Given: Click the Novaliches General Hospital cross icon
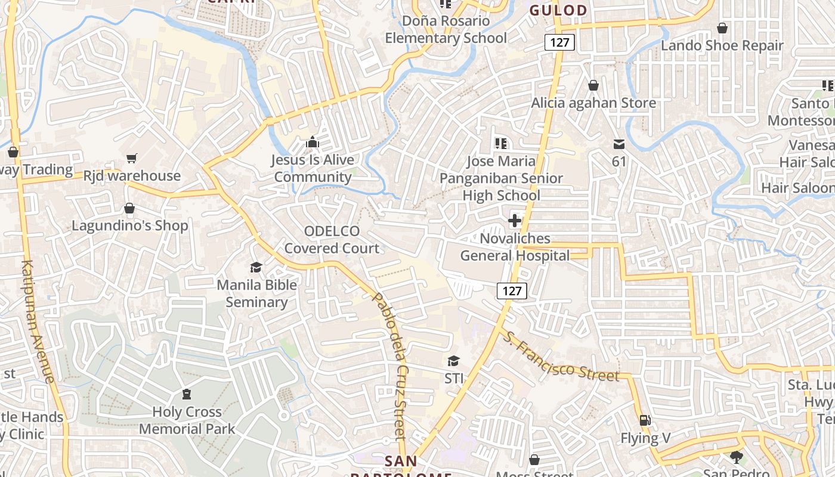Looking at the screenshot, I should pyautogui.click(x=514, y=221).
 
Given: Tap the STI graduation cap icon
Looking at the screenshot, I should pyautogui.click(x=454, y=361).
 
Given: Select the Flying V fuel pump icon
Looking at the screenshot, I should pyautogui.click(x=644, y=420).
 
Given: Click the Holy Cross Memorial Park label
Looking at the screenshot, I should pyautogui.click(x=187, y=420).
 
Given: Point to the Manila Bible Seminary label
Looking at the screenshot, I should pyautogui.click(x=256, y=293).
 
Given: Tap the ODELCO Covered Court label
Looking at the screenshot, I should pyautogui.click(x=332, y=240).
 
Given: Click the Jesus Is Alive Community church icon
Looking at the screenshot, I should pyautogui.click(x=312, y=142).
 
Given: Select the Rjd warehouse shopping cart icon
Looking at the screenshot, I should pyautogui.click(x=131, y=158).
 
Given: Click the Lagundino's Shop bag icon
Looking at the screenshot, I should pyautogui.click(x=129, y=208).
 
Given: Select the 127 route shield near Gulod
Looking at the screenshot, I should pyautogui.click(x=559, y=42).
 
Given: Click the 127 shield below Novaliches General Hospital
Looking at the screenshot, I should pyautogui.click(x=512, y=291).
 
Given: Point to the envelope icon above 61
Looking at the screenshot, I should pyautogui.click(x=618, y=144).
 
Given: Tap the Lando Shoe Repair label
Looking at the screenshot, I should pyautogui.click(x=722, y=45).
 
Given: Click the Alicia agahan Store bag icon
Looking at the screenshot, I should pyautogui.click(x=593, y=86).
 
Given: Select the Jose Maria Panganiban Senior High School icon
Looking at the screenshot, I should pyautogui.click(x=501, y=143).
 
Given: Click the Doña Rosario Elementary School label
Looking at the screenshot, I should pyautogui.click(x=446, y=30).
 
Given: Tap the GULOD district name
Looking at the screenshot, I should pyautogui.click(x=558, y=10).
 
